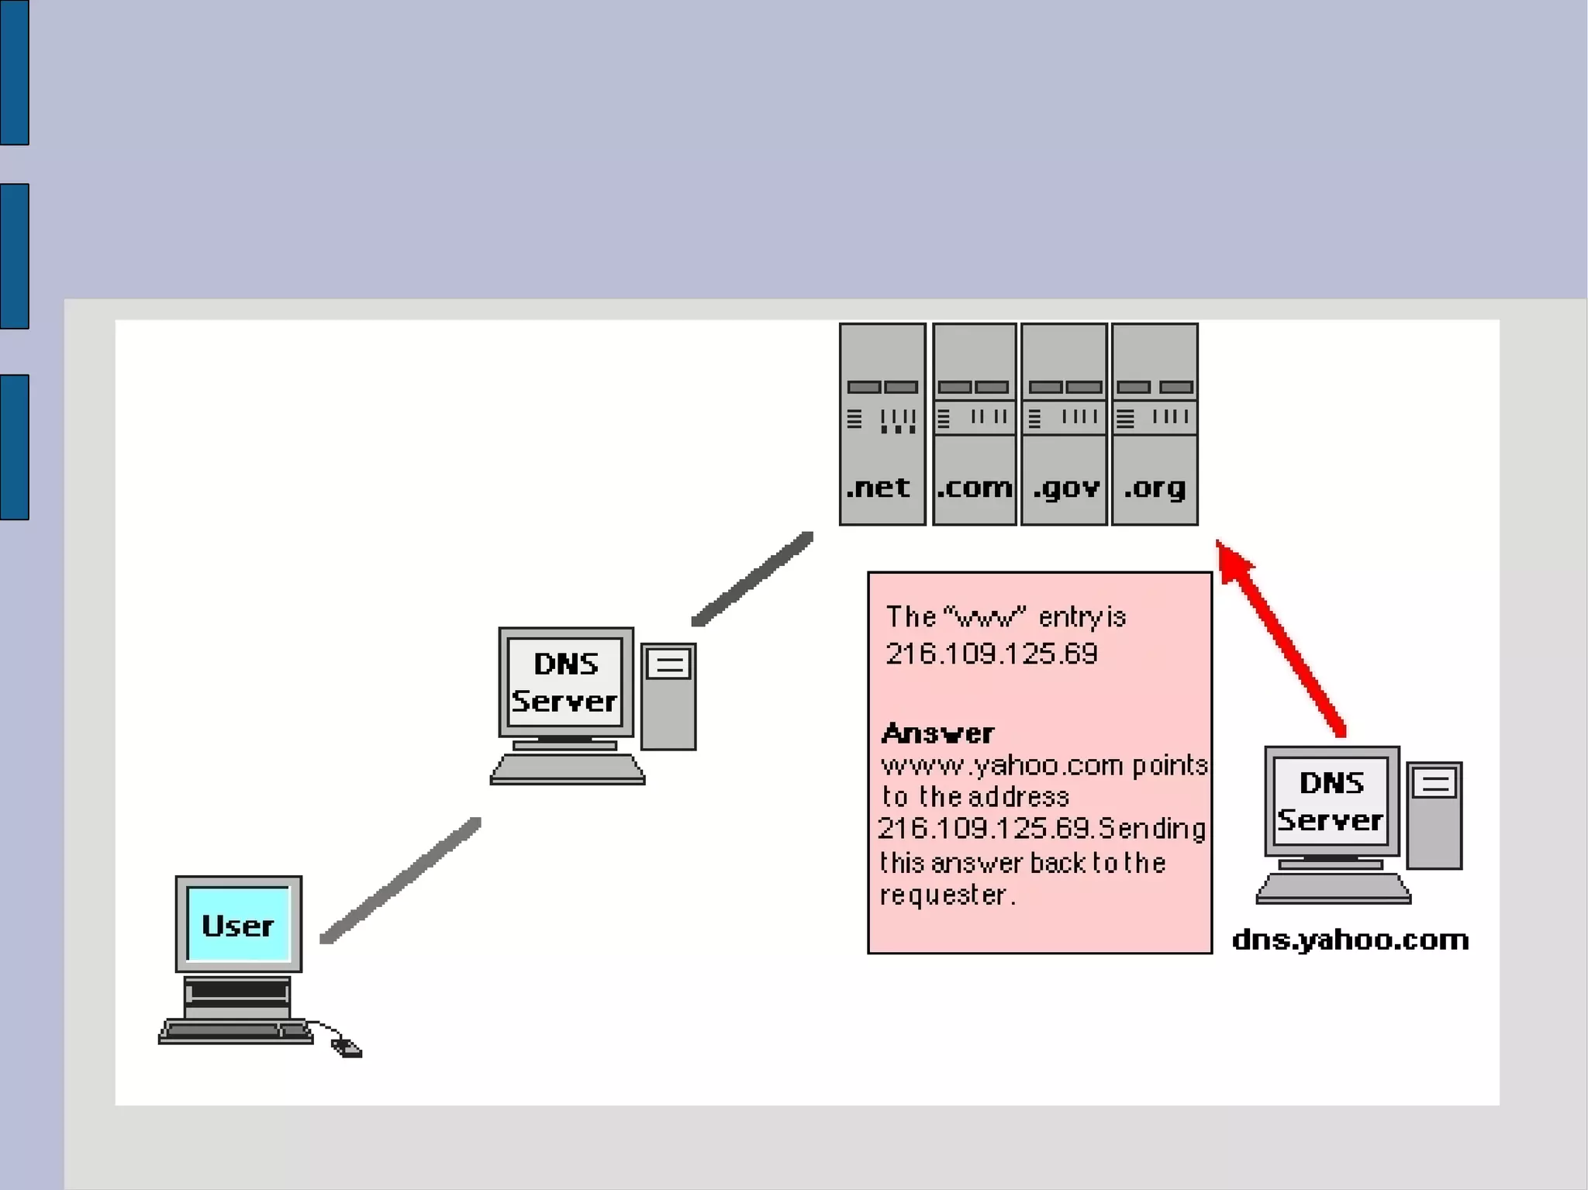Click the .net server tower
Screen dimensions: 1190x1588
tap(882, 424)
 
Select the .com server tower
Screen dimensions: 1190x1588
tap(974, 424)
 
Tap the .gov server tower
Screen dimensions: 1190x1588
tap(1064, 424)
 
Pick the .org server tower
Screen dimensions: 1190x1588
tap(1155, 424)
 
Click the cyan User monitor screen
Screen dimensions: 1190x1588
tap(238, 924)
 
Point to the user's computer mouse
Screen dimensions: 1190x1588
tap(347, 1048)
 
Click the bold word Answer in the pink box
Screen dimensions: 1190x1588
tap(937, 733)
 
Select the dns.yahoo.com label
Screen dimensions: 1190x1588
tap(1350, 940)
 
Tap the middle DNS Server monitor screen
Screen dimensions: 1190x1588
tap(565, 682)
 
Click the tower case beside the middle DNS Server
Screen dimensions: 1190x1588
tap(668, 696)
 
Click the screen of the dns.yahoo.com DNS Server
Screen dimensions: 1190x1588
tap(1331, 802)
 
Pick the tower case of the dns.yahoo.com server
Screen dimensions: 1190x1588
tap(1434, 816)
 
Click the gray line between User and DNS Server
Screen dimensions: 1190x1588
tap(401, 880)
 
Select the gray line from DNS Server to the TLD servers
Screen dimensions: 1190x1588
tap(752, 578)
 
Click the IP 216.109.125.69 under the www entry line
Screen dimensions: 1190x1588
tap(991, 654)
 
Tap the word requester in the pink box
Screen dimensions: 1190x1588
tap(943, 895)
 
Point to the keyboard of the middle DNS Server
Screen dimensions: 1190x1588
tap(567, 770)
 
